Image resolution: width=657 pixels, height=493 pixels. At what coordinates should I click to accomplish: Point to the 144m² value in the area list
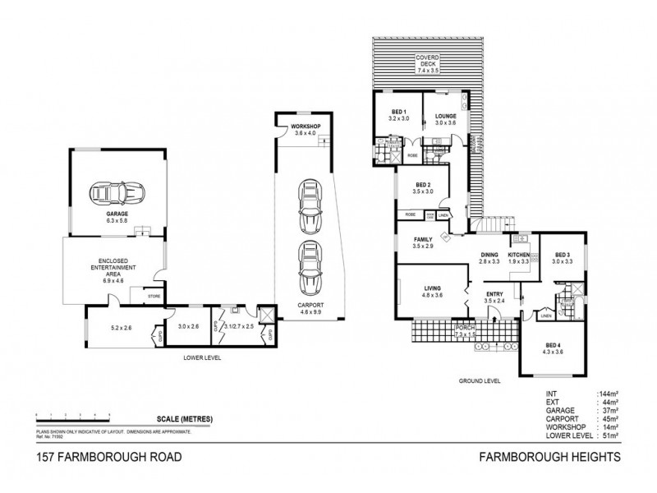609,395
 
